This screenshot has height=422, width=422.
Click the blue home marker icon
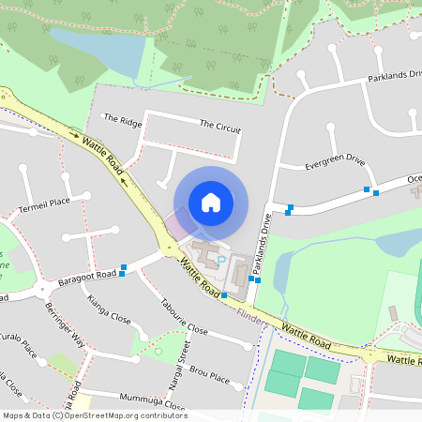pyautogui.click(x=211, y=202)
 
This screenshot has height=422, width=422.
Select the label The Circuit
pyautogui.click(x=219, y=125)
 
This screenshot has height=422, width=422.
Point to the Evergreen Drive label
pyautogui.click(x=334, y=161)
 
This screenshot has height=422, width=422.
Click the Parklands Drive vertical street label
pyautogui.click(x=266, y=236)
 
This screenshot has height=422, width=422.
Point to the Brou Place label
pyautogui.click(x=209, y=372)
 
